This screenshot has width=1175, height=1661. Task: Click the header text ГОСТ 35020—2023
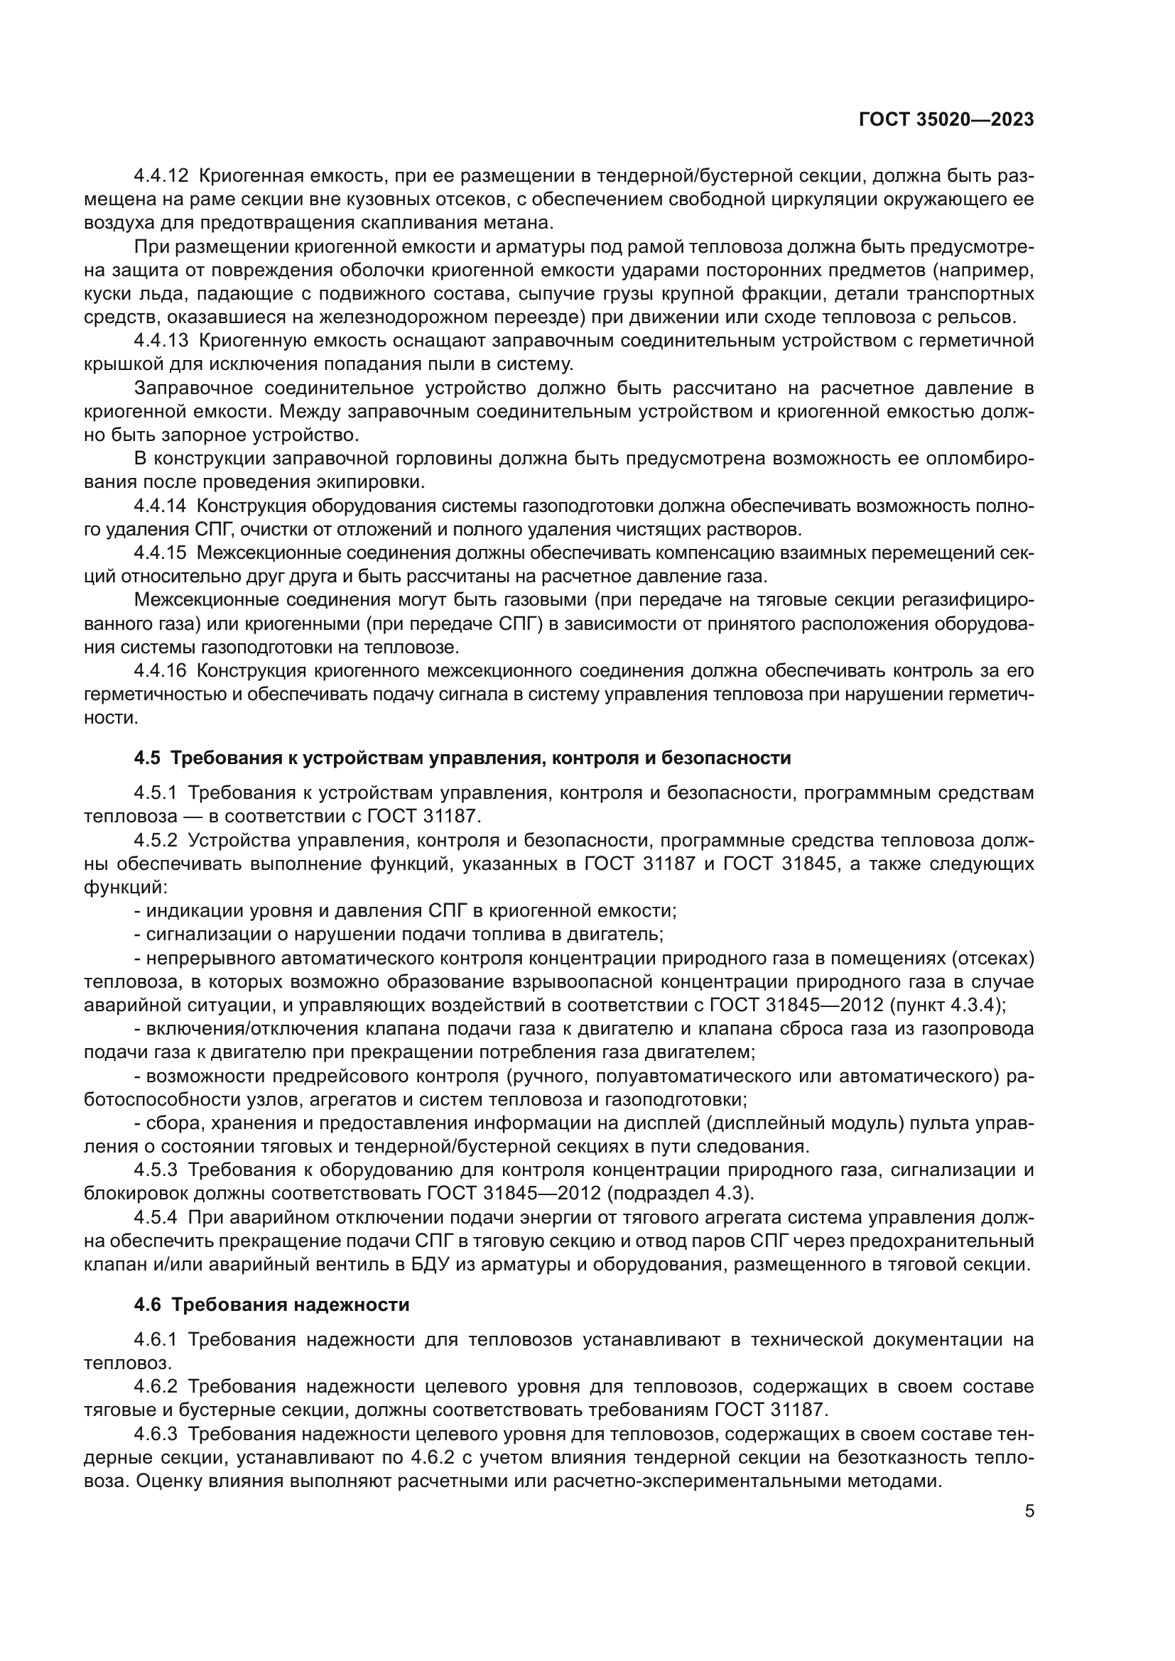point(946,119)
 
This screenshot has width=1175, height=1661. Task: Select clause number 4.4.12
point(161,176)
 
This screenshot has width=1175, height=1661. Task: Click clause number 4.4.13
point(161,341)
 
